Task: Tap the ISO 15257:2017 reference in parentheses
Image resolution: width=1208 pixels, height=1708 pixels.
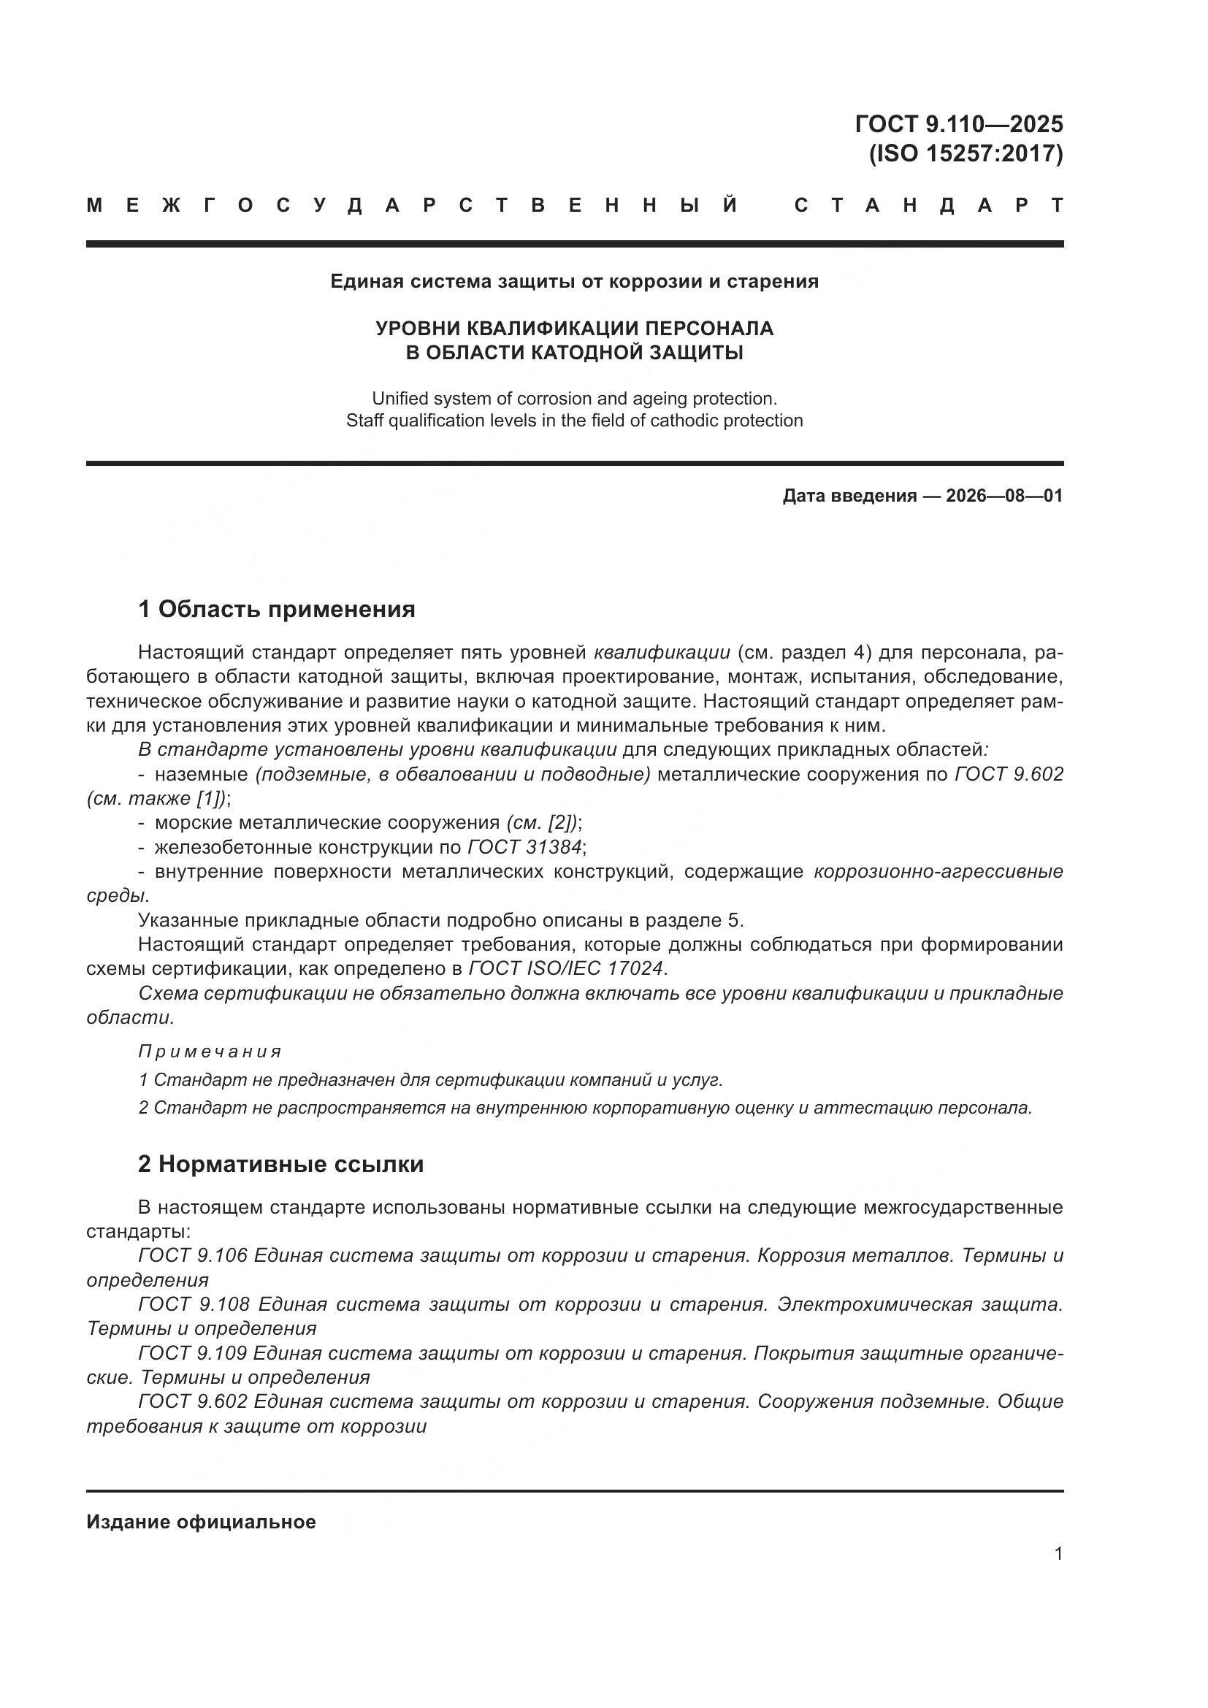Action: tap(966, 153)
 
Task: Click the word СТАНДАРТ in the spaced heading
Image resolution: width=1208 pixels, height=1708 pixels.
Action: tap(928, 205)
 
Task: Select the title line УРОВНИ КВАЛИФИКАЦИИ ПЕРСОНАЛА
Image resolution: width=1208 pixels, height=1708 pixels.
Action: tap(573, 328)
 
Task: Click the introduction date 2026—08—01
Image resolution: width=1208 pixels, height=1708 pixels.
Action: tap(1004, 496)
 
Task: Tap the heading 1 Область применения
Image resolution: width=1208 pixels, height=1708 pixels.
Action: tap(276, 609)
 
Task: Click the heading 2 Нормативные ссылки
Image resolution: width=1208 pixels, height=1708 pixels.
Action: tap(280, 1164)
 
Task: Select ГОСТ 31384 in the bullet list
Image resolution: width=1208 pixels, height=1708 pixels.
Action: tap(525, 847)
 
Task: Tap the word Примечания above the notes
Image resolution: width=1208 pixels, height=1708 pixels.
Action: tap(210, 1051)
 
